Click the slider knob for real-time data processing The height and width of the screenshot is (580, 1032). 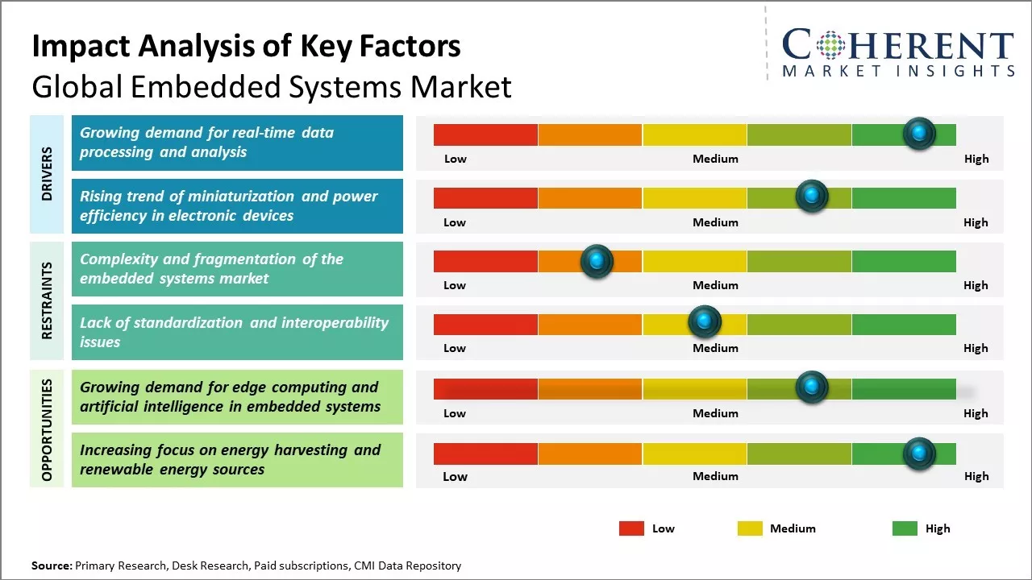coord(919,134)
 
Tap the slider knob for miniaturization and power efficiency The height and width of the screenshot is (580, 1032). coord(812,197)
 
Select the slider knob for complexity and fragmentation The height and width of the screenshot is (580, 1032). coord(597,261)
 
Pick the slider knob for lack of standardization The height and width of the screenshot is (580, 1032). coord(705,322)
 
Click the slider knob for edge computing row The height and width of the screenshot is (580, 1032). coord(812,387)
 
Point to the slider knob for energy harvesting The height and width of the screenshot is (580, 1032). coord(919,454)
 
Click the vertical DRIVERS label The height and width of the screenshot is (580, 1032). coord(47,174)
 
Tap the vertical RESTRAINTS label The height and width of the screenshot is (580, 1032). coord(47,300)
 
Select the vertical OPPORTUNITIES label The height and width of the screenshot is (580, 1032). coord(47,430)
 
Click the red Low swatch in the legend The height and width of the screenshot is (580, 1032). coord(631,528)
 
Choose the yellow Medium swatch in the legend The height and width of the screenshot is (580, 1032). coord(750,528)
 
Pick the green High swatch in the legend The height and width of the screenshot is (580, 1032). coord(905,528)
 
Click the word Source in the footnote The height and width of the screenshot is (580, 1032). coord(51,565)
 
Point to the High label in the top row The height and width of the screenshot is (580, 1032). coord(976,159)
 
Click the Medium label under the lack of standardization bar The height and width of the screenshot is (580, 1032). coord(715,348)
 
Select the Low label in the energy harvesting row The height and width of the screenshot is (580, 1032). coord(455,476)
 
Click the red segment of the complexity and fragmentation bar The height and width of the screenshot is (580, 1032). coord(485,261)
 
